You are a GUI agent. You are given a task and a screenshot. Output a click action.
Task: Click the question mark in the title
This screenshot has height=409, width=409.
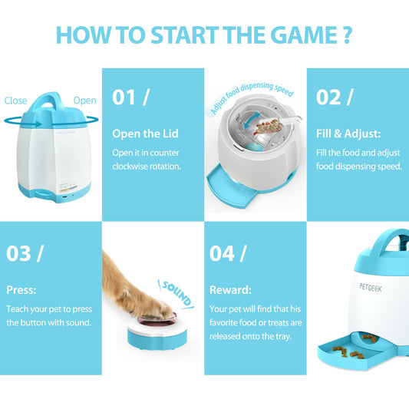coord(347,35)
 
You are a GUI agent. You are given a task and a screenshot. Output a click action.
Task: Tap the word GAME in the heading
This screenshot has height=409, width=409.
coord(305,35)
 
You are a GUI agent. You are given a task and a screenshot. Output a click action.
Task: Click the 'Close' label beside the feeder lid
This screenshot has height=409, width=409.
coord(15,101)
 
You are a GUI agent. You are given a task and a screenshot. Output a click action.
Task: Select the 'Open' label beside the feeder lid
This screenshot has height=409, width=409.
coord(84,101)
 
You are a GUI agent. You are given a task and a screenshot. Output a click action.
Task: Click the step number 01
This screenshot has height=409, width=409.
coord(124,97)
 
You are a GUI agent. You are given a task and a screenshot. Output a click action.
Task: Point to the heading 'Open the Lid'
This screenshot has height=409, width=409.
coord(145,134)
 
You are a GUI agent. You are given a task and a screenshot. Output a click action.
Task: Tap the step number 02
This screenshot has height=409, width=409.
coord(328,97)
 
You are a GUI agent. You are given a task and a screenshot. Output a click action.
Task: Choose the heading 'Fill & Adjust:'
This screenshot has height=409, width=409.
coord(348,134)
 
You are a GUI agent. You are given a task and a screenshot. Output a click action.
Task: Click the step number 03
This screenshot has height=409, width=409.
coord(18,253)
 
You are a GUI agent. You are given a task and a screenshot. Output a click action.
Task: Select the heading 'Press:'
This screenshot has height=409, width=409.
coord(21,290)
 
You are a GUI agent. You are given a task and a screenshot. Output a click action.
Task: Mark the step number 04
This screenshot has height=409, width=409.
coord(222,253)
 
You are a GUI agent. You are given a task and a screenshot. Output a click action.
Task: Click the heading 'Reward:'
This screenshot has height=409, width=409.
coord(230,290)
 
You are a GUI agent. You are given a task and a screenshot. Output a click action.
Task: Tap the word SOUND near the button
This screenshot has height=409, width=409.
coord(176,293)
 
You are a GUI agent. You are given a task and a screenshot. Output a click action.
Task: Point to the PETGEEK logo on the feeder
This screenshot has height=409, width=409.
coord(371,288)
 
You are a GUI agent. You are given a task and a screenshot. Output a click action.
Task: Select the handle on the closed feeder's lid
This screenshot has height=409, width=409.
coord(48,101)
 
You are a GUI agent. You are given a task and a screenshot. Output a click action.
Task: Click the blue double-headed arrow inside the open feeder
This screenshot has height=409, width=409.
coord(252,120)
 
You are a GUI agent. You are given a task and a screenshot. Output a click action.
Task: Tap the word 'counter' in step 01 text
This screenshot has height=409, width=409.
coord(164,153)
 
